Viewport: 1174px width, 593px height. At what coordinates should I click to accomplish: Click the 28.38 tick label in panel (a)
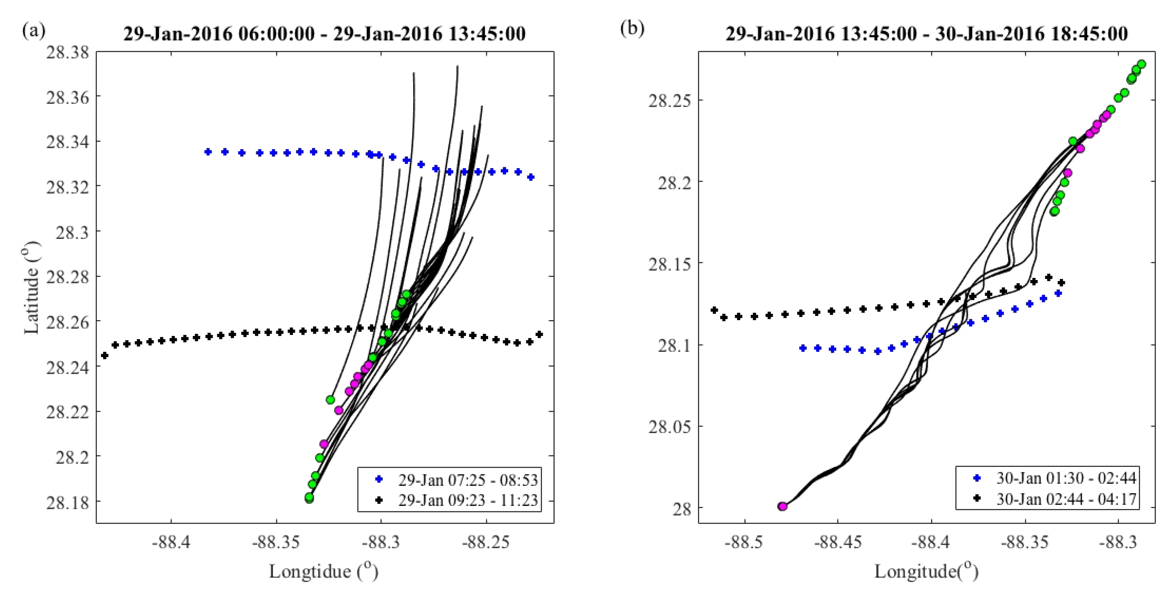click(x=67, y=53)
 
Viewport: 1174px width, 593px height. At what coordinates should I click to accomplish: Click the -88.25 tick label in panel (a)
click(x=486, y=543)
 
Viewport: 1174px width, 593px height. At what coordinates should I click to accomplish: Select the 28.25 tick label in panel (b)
click(x=669, y=100)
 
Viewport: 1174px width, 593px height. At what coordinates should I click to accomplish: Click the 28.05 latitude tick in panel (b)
click(x=669, y=427)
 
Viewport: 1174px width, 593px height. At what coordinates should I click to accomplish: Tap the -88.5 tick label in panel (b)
click(x=745, y=543)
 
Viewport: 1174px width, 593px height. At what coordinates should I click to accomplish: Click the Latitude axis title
click(x=31, y=288)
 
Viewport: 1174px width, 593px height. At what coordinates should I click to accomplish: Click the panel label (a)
click(x=33, y=31)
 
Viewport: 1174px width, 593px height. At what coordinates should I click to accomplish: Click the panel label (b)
click(x=632, y=29)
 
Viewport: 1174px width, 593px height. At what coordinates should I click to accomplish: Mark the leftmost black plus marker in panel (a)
click(x=105, y=355)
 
